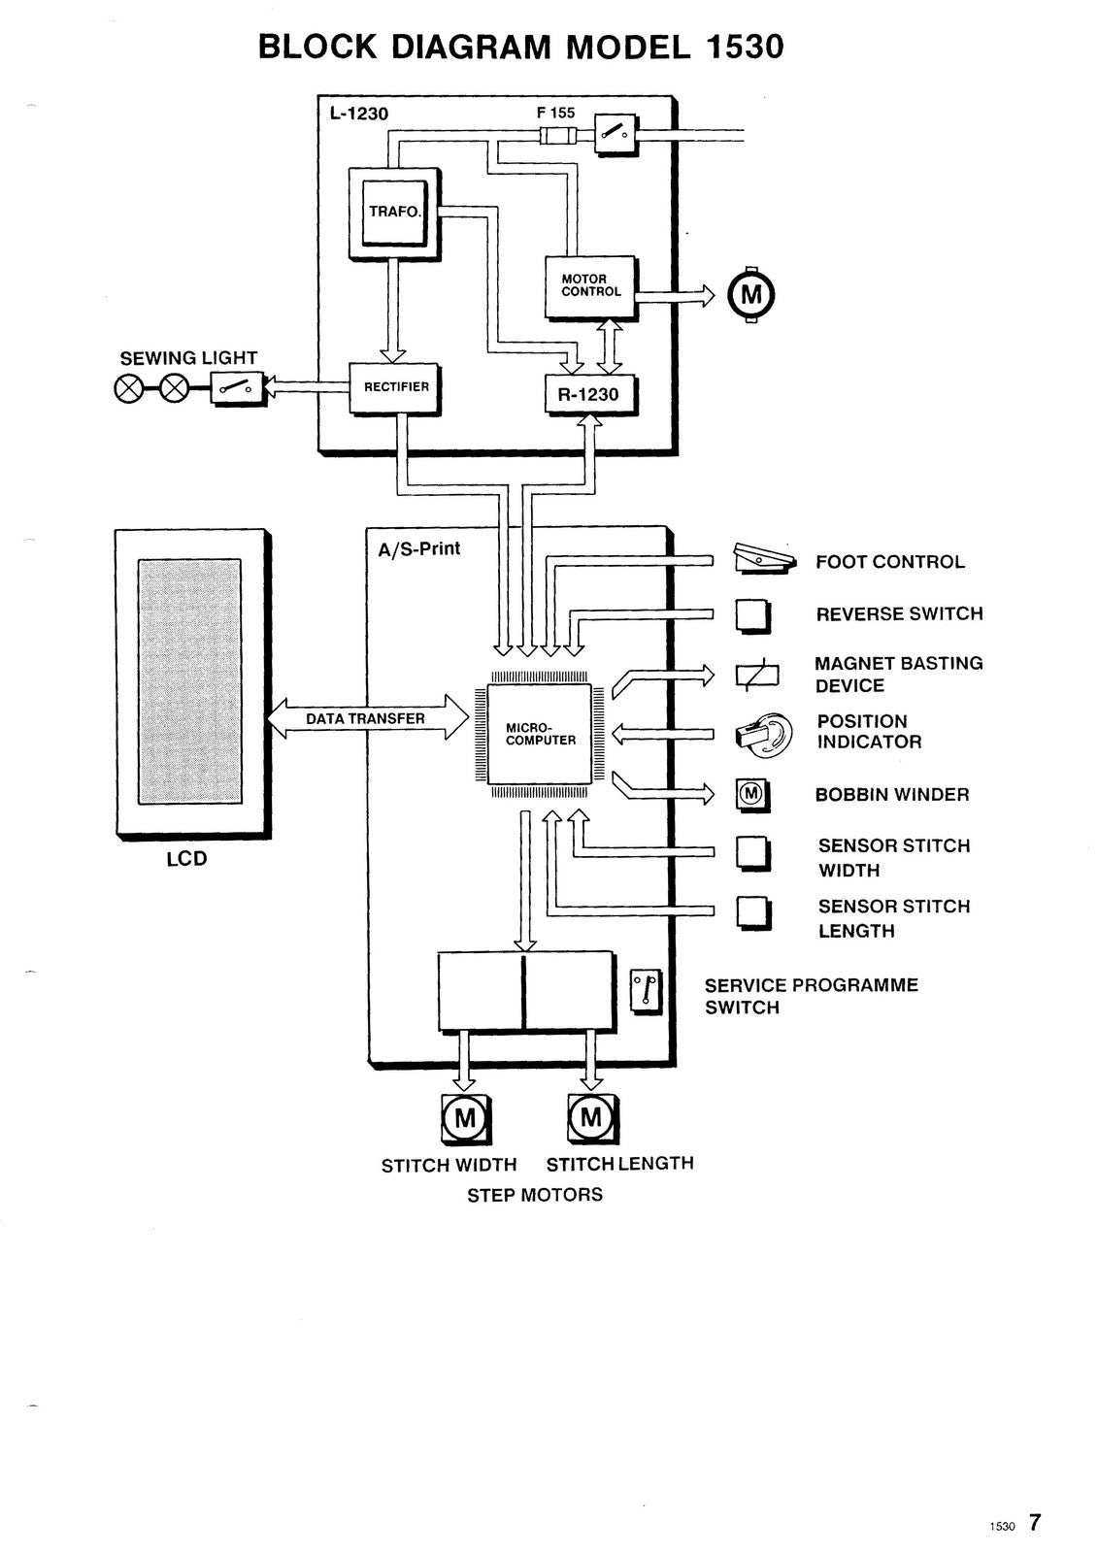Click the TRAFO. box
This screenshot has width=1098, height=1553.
394,212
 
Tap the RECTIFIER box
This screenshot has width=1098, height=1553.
395,387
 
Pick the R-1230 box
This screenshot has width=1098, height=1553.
587,394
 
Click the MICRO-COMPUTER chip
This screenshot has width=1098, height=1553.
540,734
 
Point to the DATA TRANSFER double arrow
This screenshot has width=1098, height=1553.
366,719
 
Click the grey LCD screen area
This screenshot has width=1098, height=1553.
189,681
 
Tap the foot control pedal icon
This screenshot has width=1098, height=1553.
764,558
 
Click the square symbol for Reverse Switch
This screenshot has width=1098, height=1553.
752,614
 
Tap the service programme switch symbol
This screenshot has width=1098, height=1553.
646,992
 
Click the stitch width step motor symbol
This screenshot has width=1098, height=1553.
465,1118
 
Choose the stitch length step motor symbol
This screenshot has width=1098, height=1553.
591,1118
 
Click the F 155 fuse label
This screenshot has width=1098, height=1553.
555,113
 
